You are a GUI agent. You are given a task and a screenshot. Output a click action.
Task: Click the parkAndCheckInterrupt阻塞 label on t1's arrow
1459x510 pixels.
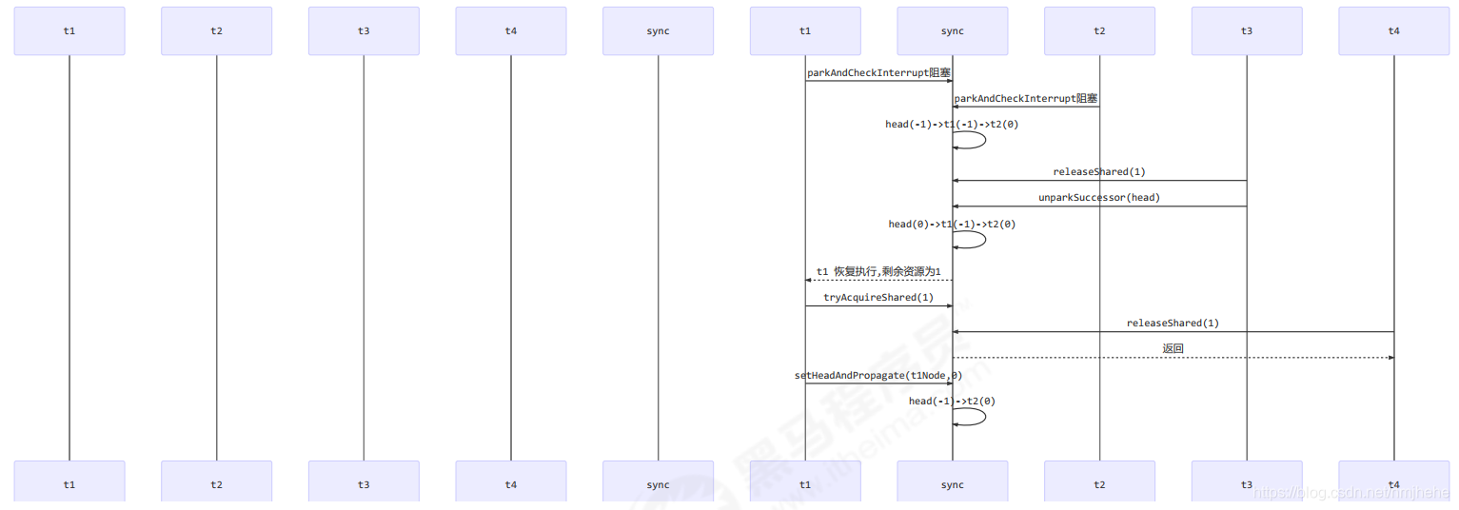pos(878,72)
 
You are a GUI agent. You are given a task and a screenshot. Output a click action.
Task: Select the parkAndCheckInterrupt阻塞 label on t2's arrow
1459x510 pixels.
pos(1026,98)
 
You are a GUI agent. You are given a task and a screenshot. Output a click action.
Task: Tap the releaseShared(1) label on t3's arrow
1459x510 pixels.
pos(1099,172)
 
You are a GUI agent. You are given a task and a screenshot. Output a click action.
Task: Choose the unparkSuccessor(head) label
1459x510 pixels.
pos(1099,198)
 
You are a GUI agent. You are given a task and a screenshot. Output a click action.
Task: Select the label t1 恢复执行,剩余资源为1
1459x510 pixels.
pos(878,272)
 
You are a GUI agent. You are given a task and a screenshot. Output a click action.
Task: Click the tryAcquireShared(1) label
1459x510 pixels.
pos(878,298)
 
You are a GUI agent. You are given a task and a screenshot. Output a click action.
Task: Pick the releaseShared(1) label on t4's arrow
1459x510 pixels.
pos(1173,324)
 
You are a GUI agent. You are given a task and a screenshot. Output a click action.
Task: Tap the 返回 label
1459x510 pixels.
pos(1173,349)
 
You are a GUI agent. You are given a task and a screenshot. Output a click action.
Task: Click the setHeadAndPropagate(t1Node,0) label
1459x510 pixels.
pos(878,376)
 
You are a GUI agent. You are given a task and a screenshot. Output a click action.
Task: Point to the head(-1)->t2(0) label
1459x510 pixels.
pos(952,402)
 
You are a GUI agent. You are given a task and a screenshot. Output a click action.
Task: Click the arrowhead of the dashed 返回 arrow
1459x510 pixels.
pos(1390,358)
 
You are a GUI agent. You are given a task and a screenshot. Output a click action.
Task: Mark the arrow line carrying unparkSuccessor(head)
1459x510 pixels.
pos(1099,206)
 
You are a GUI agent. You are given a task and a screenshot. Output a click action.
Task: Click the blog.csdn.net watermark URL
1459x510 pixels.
pos(1351,493)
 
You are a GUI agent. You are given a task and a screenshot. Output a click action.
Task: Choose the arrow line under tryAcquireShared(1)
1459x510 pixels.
pos(878,306)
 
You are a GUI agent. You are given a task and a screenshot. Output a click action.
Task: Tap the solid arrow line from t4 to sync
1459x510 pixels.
pos(1173,332)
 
